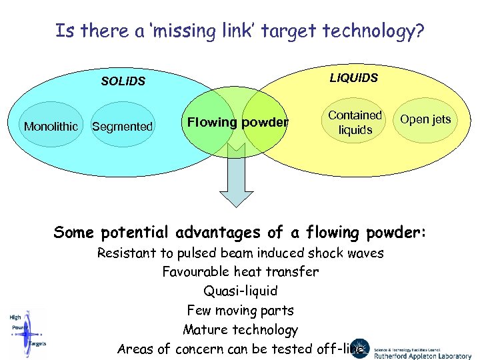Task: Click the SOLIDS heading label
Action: (123, 81)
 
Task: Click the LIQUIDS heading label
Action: (353, 78)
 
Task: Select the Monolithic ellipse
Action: (51, 126)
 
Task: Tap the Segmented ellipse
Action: (122, 126)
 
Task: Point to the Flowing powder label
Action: (237, 122)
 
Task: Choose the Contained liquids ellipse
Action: (355, 123)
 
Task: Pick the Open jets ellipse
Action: (425, 120)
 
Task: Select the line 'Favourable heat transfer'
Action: (240, 272)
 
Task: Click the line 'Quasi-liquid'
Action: (240, 291)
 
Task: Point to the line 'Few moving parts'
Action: (240, 311)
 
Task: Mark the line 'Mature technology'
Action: (240, 330)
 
